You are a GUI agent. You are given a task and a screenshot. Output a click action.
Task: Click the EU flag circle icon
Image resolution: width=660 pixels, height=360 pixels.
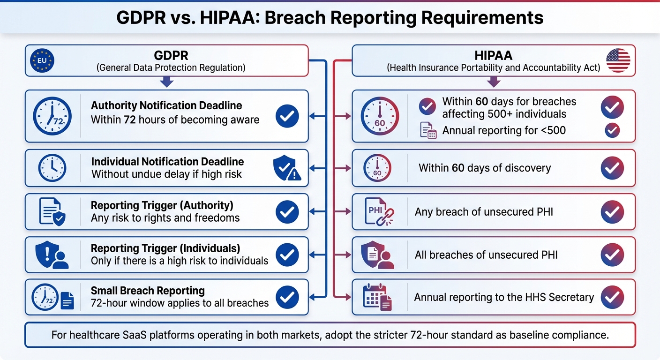[42, 61]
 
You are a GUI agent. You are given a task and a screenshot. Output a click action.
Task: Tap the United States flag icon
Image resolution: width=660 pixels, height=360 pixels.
[618, 60]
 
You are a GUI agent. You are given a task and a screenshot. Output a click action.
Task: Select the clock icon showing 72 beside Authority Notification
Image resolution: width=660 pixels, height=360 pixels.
[52, 116]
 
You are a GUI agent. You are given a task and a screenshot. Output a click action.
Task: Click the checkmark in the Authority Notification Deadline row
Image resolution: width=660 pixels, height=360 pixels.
[287, 116]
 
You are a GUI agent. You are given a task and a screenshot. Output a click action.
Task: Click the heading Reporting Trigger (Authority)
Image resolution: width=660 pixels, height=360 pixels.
[162, 205]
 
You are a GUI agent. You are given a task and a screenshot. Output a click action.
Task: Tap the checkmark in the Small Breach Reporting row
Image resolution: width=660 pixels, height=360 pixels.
[287, 297]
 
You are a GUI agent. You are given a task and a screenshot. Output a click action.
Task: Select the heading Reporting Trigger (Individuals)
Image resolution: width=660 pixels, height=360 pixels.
[165, 248]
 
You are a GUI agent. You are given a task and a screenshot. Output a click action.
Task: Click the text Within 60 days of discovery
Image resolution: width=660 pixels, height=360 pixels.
[484, 168]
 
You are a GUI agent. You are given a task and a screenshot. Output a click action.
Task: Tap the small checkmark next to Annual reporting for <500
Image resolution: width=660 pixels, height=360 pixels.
[612, 130]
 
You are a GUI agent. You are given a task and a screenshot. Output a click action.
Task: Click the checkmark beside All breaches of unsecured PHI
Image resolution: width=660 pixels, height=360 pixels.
[612, 255]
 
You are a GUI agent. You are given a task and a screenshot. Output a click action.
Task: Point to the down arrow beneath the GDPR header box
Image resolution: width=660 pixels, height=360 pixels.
[166, 82]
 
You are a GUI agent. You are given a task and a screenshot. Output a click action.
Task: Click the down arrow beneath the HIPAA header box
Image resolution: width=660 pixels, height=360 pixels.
[494, 82]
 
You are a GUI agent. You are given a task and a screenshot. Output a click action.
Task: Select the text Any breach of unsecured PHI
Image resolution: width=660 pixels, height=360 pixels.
[484, 212]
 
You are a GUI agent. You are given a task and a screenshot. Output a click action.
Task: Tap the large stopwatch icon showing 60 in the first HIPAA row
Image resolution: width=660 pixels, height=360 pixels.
[380, 116]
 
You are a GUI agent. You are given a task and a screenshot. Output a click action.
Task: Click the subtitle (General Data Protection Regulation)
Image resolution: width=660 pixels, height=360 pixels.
[171, 67]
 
